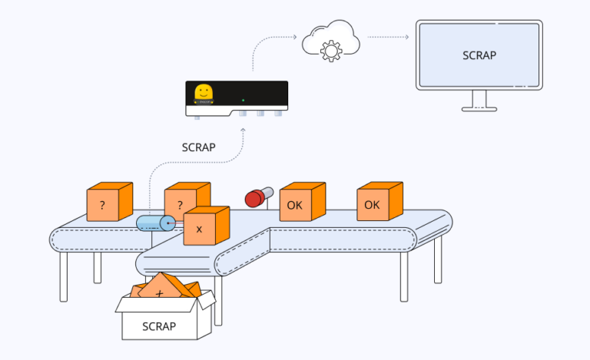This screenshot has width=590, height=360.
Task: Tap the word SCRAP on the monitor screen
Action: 479,55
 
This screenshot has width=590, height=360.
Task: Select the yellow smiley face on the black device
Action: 204,93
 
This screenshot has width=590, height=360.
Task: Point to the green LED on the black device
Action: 244,100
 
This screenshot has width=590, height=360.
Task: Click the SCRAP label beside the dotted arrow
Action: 198,147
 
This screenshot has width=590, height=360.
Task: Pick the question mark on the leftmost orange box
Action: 101,206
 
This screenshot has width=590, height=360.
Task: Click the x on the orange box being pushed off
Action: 199,229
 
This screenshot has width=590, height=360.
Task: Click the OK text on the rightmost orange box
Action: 372,205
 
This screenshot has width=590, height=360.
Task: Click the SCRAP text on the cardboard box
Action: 159,326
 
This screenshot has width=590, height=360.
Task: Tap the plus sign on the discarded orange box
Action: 160,294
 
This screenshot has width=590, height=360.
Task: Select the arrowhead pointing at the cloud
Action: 295,36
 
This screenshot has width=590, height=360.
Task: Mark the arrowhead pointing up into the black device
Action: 244,129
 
